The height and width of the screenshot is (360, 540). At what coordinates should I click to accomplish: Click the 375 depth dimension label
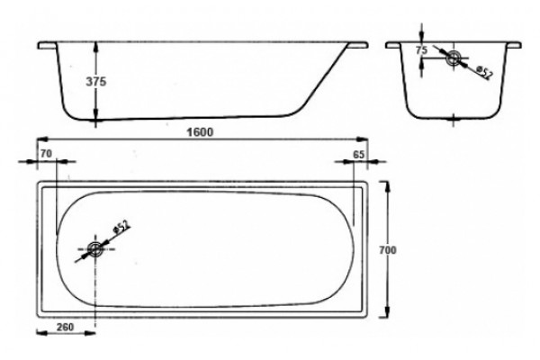click(96, 82)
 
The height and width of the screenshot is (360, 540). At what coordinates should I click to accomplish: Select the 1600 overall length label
click(200, 132)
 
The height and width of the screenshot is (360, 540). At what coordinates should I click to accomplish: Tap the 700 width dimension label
click(388, 250)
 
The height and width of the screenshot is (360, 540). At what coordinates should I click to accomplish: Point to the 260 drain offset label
click(65, 327)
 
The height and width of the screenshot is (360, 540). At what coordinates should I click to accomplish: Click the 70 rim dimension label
click(46, 154)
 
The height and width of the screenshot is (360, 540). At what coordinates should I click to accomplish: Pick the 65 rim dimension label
click(358, 155)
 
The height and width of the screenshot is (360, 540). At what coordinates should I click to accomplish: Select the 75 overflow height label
click(421, 50)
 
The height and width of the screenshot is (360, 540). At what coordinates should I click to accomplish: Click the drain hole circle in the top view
click(94, 248)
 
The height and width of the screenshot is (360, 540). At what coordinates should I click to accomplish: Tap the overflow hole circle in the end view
click(454, 58)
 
